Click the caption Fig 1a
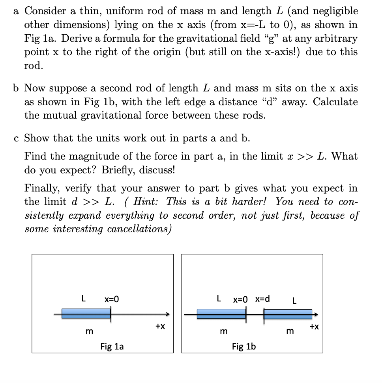(x=112, y=346)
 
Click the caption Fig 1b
(x=244, y=346)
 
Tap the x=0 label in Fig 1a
(x=112, y=299)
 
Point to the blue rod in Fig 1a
(x=86, y=314)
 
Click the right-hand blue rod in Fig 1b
(x=288, y=314)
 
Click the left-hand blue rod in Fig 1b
(x=221, y=314)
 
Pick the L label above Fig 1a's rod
(x=83, y=299)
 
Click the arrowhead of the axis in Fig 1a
(x=167, y=314)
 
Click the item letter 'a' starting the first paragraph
(x=16, y=11)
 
